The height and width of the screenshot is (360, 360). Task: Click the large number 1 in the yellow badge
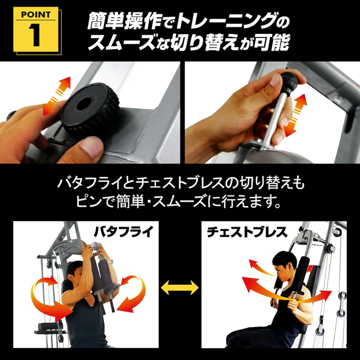(x=35, y=36)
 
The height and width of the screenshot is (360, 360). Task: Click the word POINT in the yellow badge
(x=35, y=15)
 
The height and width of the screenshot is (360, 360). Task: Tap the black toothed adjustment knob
(x=90, y=110)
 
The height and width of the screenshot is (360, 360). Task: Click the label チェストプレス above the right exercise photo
(x=246, y=232)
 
